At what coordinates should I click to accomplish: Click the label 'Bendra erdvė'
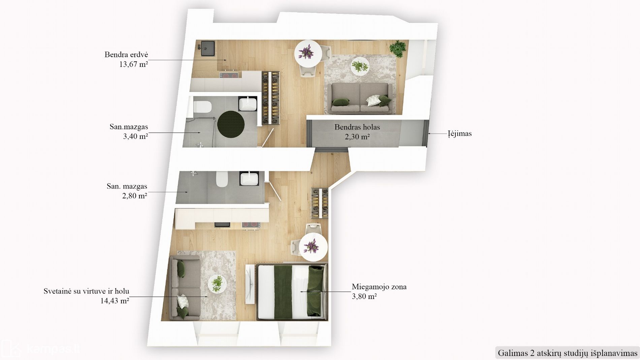coord(126,55)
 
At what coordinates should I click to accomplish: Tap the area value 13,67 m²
coord(133,64)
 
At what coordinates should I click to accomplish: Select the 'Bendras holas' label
coord(357,127)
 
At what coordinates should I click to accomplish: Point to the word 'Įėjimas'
coord(460,134)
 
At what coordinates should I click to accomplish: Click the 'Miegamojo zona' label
coord(379,287)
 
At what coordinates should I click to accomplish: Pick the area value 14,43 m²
coord(115,301)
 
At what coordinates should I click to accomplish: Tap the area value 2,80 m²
coord(135,196)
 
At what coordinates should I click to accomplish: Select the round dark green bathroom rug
coord(231,124)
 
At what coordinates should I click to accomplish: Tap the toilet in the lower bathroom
coord(222,179)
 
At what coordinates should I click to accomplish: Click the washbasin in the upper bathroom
coord(248,104)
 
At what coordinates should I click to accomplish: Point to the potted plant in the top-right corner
coord(398,49)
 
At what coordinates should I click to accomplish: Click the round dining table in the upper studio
coord(308,54)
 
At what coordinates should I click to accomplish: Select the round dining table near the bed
coord(313,248)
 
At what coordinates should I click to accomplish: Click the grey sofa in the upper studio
coord(360,98)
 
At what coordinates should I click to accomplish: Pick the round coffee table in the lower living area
coord(217,284)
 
